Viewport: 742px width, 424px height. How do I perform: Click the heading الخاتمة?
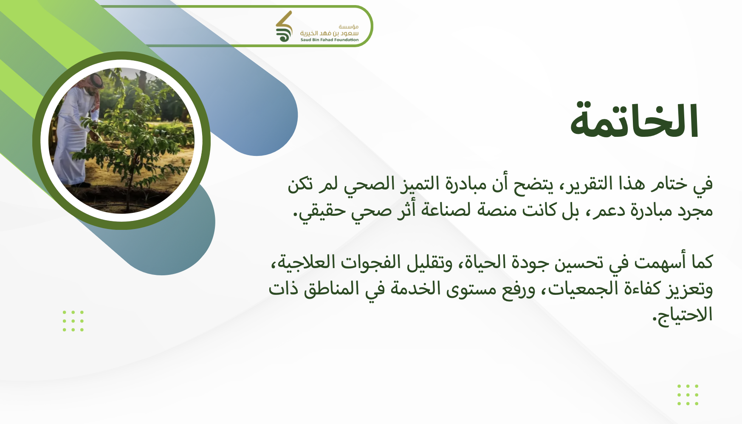click(x=634, y=121)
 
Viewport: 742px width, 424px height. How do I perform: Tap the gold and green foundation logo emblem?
click(x=284, y=26)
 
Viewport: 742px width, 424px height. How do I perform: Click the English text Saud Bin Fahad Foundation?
click(x=330, y=40)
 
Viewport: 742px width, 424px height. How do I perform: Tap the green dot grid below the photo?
click(x=73, y=321)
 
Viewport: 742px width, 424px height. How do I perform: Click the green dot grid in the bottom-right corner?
click(x=688, y=395)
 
